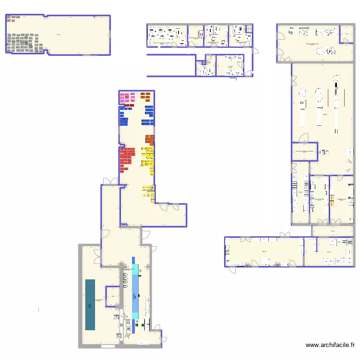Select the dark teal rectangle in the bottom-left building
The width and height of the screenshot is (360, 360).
(90, 304)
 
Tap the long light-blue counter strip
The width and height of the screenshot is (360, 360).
(135, 293)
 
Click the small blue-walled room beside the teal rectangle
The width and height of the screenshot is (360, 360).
(112, 296)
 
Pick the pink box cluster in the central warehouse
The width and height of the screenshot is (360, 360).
(127, 97)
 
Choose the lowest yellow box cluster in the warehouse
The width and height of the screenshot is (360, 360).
(148, 191)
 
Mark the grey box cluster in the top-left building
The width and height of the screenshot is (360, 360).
(26, 42)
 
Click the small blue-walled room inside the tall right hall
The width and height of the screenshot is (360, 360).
(305, 151)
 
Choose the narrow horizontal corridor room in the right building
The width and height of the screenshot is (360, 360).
(333, 231)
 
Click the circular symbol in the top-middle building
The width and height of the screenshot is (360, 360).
(208, 62)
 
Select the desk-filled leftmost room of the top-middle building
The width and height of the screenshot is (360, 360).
(166, 36)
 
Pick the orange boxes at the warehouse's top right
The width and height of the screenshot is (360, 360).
(145, 97)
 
